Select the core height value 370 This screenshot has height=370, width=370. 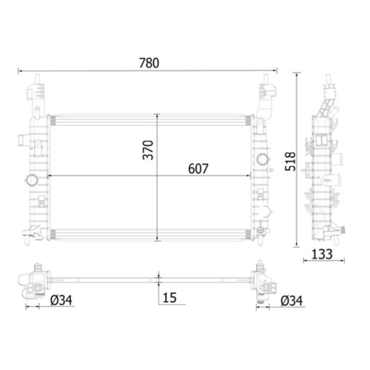click(148, 149)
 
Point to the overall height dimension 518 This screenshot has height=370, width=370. click(290, 161)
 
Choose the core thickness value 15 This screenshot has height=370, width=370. click(170, 298)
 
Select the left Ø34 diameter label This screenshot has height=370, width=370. click(62, 301)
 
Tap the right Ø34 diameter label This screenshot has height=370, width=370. click(291, 301)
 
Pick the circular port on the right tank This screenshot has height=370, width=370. click(262, 159)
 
